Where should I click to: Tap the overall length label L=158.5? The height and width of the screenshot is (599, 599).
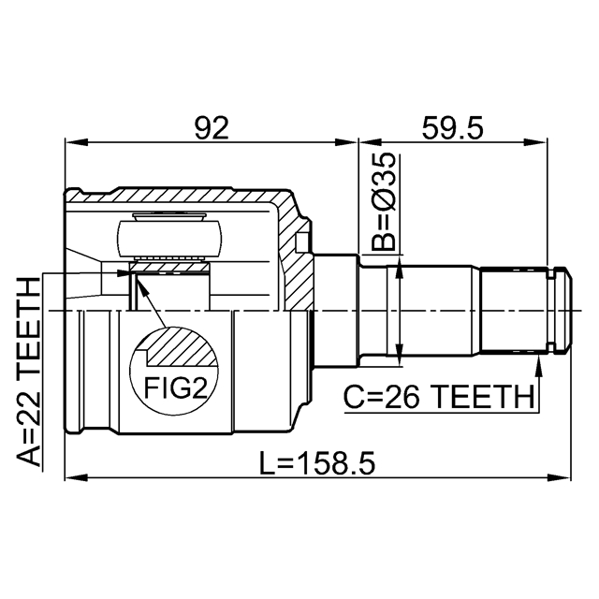[x=317, y=463]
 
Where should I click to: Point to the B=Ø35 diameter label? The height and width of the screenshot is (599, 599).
[x=384, y=201]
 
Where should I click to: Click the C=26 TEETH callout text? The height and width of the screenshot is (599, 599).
[x=439, y=397]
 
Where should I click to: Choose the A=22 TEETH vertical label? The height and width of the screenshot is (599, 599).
[x=29, y=373]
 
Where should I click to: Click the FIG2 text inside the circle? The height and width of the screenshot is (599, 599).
[x=175, y=387]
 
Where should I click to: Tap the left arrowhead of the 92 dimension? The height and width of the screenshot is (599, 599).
[x=77, y=142]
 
